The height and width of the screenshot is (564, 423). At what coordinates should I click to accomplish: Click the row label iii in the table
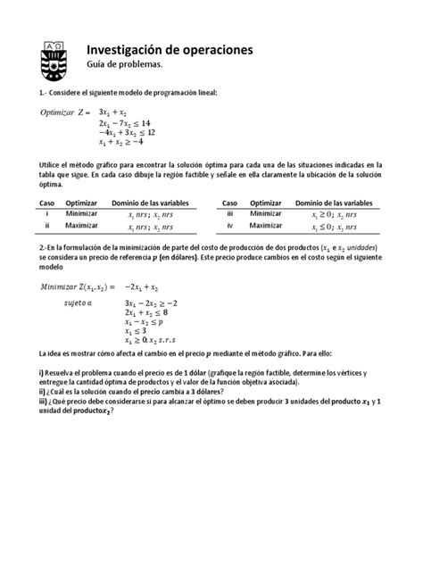(229, 215)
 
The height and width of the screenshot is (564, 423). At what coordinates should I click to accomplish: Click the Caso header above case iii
(230, 203)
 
